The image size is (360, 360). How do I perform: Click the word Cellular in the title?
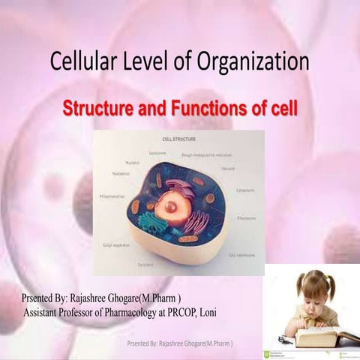82,62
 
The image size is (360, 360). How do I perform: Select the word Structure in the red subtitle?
97,108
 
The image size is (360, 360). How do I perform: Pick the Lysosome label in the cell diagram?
157,152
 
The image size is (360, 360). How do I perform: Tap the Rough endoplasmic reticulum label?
207,155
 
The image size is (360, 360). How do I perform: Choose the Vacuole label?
228,168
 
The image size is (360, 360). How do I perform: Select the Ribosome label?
246,218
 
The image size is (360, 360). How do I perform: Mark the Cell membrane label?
241,255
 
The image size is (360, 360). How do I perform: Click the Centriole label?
145,265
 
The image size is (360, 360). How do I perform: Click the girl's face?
314,295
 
